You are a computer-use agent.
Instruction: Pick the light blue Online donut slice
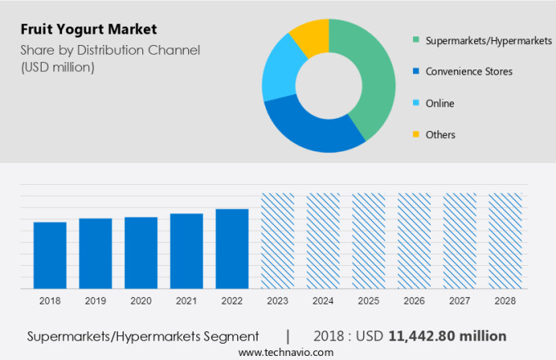[279, 74]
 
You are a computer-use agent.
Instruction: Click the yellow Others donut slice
[312, 37]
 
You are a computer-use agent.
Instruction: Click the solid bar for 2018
[50, 254]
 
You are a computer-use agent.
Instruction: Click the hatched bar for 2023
[277, 241]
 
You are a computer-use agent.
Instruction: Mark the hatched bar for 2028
[504, 241]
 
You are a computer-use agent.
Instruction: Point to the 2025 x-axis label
[368, 301]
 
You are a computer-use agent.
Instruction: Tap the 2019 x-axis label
[95, 301]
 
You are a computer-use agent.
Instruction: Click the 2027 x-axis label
[459, 301]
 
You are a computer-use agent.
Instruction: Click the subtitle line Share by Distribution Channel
[110, 51]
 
